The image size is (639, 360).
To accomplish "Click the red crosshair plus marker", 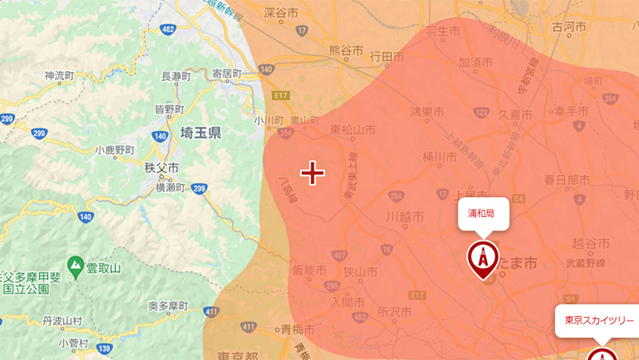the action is [313, 173].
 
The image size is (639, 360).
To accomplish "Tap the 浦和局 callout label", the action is [482, 214].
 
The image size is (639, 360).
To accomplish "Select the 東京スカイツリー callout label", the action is [599, 320].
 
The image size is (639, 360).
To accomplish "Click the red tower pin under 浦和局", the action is [483, 258].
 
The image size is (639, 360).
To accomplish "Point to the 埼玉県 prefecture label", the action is [200, 133].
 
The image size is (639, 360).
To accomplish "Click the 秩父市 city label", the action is [161, 167].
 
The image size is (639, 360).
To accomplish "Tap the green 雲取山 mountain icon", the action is [76, 267].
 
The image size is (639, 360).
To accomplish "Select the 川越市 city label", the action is [403, 216].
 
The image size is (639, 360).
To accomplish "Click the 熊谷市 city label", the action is [346, 50].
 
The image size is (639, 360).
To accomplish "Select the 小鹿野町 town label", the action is [114, 150].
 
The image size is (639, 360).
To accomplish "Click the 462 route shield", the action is [168, 31].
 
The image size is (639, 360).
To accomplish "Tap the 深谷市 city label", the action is [304, 13].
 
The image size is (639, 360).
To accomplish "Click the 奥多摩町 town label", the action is [171, 305].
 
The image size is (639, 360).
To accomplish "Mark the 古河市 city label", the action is [569, 27].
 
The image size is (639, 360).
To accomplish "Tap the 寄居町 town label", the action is [228, 73].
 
